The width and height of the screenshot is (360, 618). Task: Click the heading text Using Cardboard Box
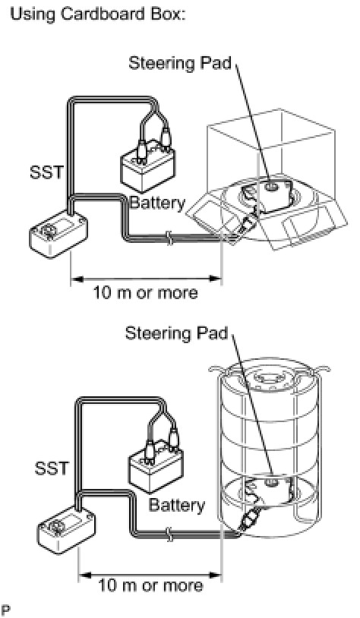coord(98,15)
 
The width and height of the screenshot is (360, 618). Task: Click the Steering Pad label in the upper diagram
coord(180,63)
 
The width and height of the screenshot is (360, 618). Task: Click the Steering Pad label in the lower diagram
coord(177,333)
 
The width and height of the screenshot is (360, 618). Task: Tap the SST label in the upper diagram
coord(46,172)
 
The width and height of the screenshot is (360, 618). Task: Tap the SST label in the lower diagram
coord(51,468)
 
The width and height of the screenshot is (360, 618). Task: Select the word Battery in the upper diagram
coord(157,203)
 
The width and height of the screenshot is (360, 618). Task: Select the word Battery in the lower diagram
coord(177,505)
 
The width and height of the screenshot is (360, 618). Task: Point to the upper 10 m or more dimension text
coord(145,293)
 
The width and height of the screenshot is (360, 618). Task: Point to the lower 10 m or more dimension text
coord(150,585)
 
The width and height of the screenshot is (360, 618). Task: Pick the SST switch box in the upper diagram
coord(58,235)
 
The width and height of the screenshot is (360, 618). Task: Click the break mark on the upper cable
coord(169,238)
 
